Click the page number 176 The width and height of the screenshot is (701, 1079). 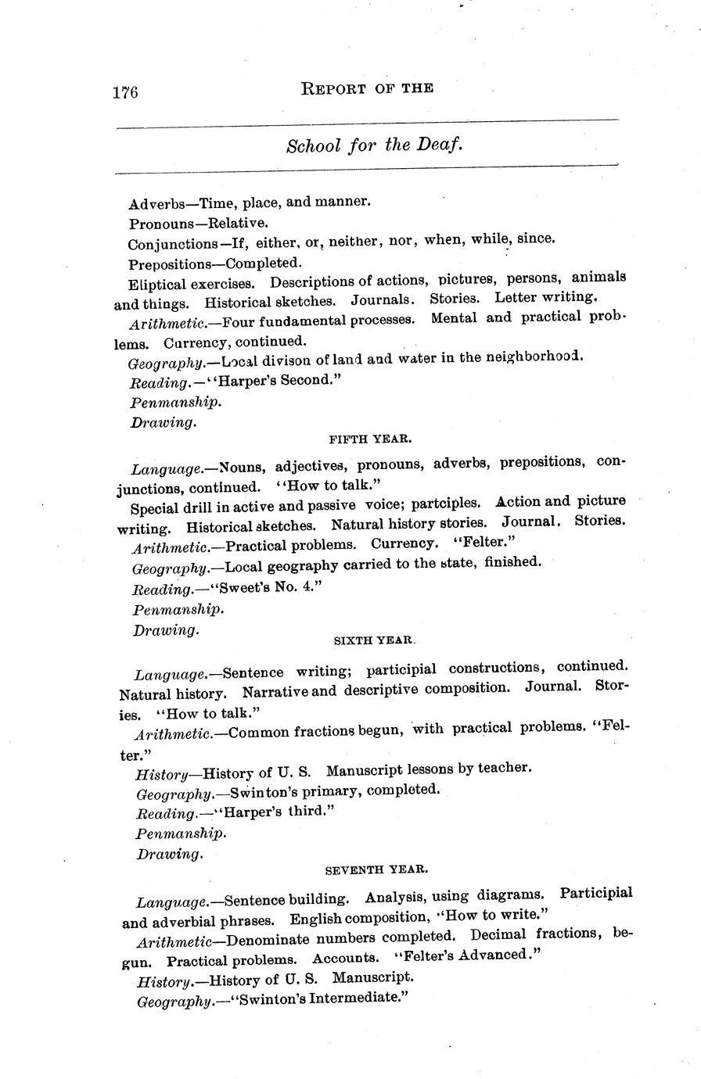tap(125, 92)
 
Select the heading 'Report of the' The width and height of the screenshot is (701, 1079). tap(367, 88)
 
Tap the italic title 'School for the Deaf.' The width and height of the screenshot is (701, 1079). tap(376, 145)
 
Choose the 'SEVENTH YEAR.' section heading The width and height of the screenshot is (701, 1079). tap(376, 869)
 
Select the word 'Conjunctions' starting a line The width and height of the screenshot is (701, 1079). tap(173, 244)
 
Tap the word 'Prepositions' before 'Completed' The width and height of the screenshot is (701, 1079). tap(167, 263)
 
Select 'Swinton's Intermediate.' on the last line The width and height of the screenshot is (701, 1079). tap(311, 998)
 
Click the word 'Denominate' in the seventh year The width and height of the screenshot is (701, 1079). tap(265, 937)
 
